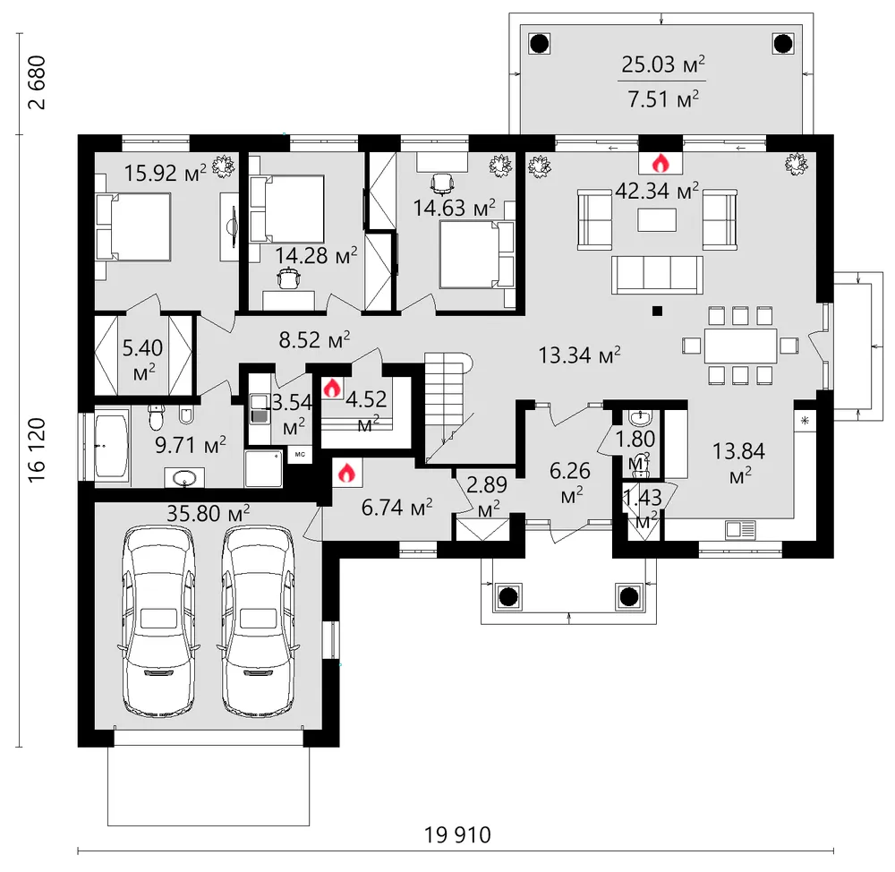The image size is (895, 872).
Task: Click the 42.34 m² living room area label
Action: (657, 191)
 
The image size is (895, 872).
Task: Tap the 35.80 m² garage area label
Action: (209, 513)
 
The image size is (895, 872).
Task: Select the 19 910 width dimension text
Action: (457, 835)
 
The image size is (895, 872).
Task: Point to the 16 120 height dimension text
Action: (37, 450)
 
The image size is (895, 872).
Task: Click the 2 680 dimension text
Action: (37, 82)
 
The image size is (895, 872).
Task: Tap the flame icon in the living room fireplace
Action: (661, 163)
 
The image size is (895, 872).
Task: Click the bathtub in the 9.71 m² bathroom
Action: (112, 447)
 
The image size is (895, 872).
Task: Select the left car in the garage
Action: (158, 620)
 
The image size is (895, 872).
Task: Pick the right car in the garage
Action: (258, 620)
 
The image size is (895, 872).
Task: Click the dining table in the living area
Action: (740, 346)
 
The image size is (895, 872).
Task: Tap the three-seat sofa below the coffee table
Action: (657, 275)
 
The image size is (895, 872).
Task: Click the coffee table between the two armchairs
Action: (657, 220)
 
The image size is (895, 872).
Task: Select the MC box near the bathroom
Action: (300, 455)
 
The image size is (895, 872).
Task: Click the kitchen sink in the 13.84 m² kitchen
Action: (740, 529)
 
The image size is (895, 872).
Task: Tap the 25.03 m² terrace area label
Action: (662, 64)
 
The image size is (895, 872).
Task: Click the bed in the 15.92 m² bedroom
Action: (133, 227)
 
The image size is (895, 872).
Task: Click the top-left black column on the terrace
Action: (540, 43)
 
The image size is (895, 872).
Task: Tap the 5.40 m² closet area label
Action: (142, 360)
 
